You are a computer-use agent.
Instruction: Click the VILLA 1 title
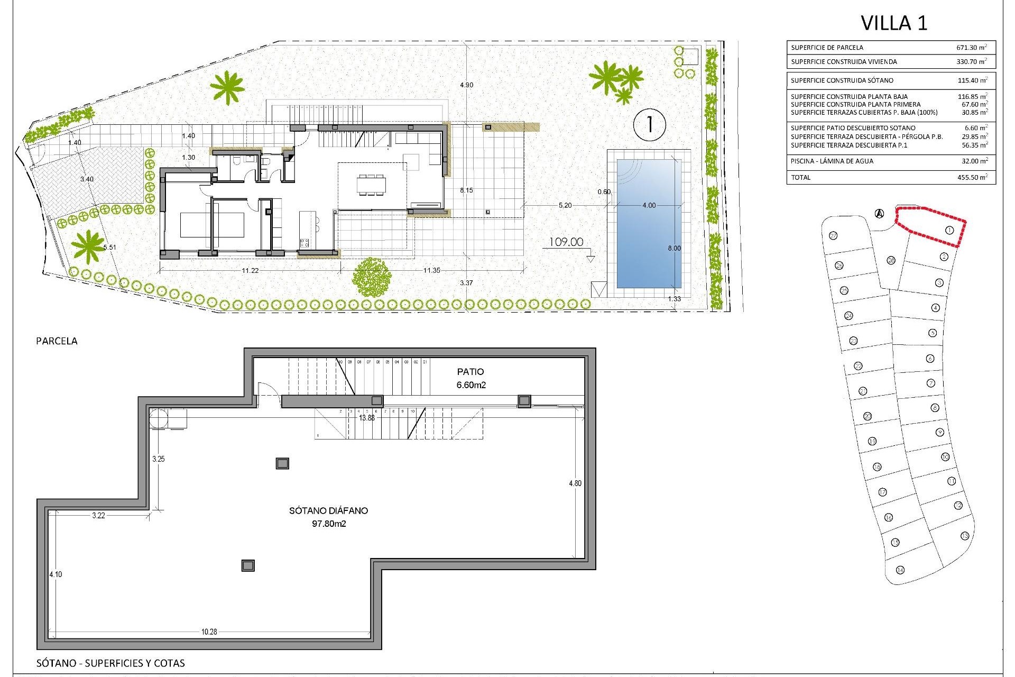[x=894, y=23]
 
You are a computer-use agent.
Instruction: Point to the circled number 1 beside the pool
[x=649, y=125]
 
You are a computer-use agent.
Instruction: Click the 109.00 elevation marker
[x=566, y=242]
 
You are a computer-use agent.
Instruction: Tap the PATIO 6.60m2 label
[x=470, y=378]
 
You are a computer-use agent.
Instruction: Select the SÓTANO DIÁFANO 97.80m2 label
[x=328, y=517]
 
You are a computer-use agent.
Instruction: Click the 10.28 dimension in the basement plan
[x=209, y=632]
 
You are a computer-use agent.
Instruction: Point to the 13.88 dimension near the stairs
[x=366, y=418]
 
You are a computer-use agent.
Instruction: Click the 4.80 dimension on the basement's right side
[x=575, y=483]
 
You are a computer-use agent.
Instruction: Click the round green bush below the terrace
[x=372, y=277]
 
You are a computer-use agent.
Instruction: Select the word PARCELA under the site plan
[x=57, y=341]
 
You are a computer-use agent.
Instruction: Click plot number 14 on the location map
[x=900, y=585]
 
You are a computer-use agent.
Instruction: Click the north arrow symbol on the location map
[x=879, y=214]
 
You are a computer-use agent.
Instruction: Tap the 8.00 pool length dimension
[x=674, y=248]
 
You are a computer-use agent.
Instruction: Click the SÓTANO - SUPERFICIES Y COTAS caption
[x=110, y=663]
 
